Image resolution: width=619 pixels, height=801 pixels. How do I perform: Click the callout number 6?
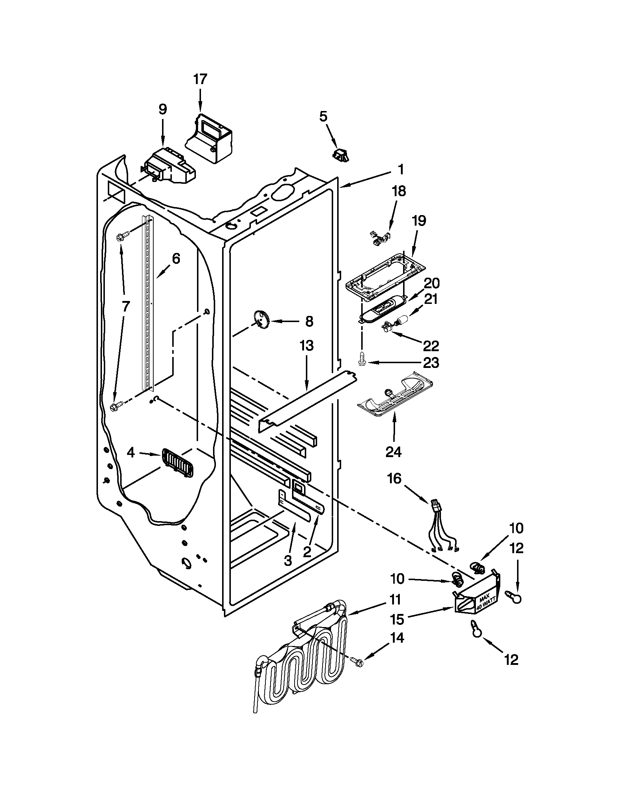pos(176,259)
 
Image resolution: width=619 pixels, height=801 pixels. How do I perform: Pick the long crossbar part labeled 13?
pos(308,398)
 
